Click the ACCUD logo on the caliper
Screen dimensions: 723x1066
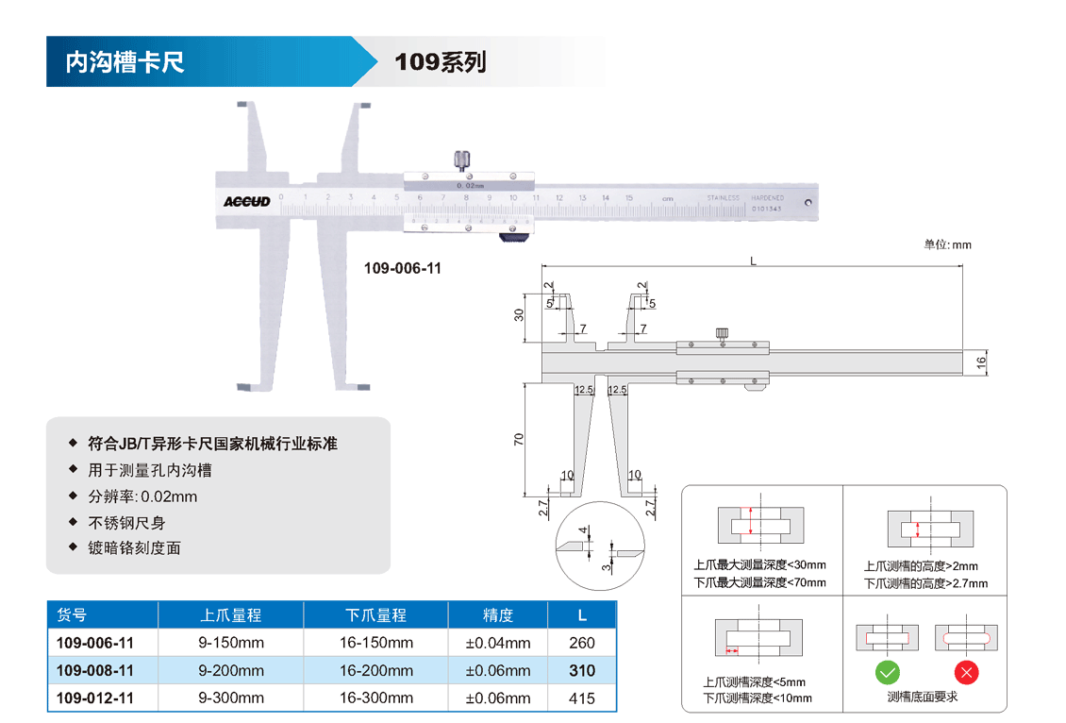247,201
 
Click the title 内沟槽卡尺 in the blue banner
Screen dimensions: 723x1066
125,62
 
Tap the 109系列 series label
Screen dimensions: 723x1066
440,62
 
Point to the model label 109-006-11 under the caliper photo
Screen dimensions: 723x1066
403,268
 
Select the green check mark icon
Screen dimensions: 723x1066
888,673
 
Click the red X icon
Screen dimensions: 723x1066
967,673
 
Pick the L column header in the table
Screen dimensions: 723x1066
582,615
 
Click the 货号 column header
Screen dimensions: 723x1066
72,615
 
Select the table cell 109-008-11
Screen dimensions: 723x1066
95,671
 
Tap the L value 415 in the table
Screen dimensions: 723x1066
582,698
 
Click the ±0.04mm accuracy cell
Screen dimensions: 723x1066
498,643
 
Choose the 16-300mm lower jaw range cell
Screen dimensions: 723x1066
375,698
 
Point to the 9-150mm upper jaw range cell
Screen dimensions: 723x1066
231,643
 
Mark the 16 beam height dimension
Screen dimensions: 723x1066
980,361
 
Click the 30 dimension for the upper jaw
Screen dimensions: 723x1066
519,314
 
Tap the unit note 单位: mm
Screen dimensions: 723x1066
947,244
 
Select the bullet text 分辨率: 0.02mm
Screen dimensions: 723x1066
143,496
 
